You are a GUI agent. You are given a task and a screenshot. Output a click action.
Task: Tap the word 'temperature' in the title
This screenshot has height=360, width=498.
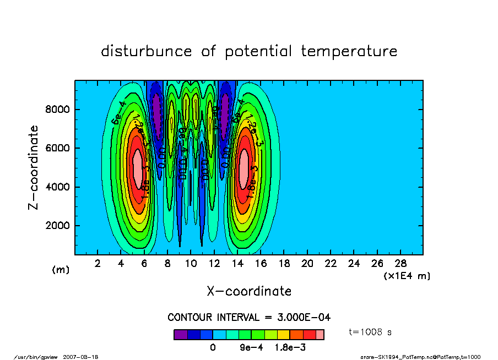coord(349,51)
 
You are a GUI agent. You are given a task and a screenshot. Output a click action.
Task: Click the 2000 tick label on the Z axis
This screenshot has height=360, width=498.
coord(57,226)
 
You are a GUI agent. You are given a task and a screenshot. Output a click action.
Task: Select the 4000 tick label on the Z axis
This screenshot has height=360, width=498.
coord(57,187)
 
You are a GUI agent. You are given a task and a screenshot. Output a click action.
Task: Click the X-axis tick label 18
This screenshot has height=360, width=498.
coord(284,264)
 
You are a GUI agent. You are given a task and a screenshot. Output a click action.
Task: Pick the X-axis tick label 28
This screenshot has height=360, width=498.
coord(400,264)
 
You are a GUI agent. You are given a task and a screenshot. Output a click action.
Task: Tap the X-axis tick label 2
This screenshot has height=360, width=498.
coord(98,264)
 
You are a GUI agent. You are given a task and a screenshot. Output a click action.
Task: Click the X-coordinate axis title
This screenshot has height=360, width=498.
coord(249,291)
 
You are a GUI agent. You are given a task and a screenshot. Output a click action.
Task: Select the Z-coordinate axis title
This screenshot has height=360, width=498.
coord(34,167)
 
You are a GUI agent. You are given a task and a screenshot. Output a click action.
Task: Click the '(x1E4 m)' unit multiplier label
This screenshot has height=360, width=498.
coord(407,275)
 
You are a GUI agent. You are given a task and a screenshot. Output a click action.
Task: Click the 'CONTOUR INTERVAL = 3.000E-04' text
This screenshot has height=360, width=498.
coord(249,318)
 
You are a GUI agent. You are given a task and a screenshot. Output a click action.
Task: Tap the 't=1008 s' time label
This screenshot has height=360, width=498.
coord(370,332)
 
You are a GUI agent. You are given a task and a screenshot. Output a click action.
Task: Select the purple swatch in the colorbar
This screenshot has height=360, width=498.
coord(181,334)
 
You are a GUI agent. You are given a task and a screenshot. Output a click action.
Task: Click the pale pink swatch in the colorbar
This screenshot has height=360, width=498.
coord(320,334)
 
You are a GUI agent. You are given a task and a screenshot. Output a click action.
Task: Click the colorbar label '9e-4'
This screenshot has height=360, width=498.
coord(250,347)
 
